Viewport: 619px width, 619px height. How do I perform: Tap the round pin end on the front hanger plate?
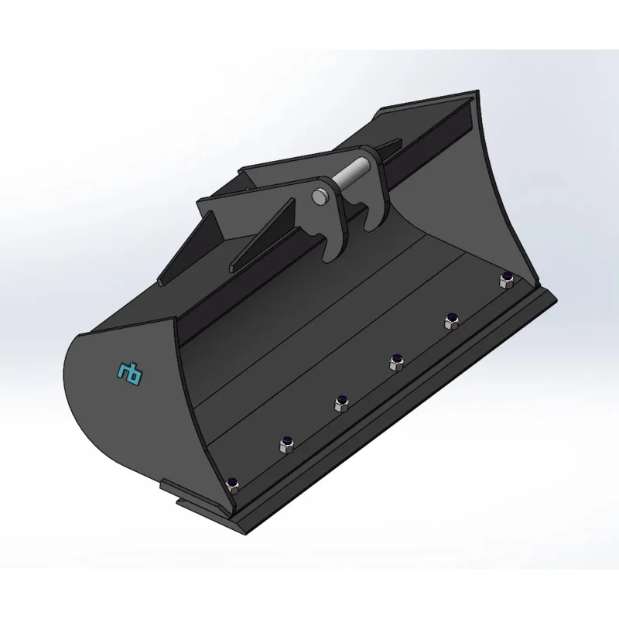point(318,197)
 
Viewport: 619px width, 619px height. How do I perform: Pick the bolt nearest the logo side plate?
point(231,484)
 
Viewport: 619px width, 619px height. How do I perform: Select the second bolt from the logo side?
point(286,443)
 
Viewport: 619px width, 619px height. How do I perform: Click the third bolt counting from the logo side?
point(340,401)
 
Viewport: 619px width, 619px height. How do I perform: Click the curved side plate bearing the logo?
point(124,402)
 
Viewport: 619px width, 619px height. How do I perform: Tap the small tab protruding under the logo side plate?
point(172,487)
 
